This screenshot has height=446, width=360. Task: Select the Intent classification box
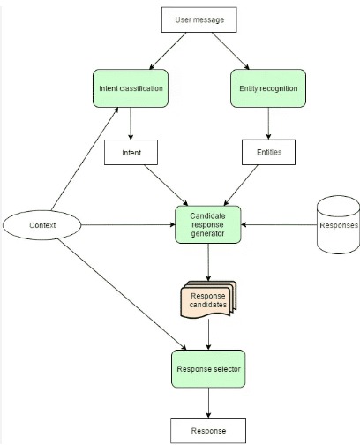[x=131, y=89]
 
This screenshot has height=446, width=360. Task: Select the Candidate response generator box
[x=208, y=226]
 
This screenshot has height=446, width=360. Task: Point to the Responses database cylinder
[x=338, y=224]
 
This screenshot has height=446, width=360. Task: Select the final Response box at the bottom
[x=208, y=430]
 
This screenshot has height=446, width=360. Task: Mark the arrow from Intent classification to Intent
[x=131, y=125]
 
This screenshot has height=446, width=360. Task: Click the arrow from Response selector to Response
[x=208, y=402]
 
